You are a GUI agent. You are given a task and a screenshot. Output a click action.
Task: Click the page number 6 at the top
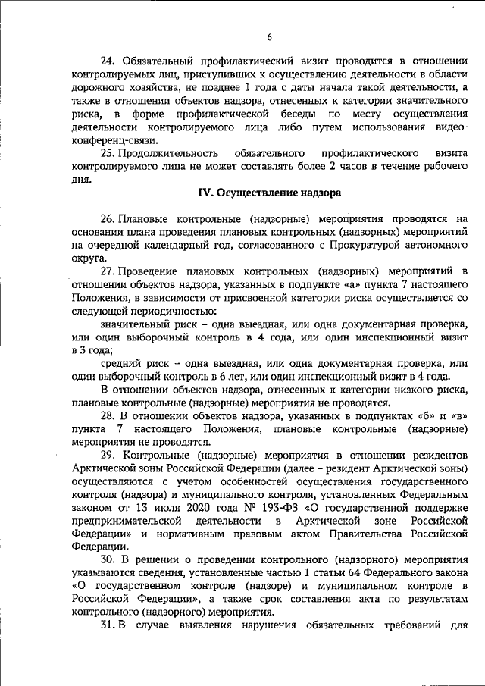(269, 38)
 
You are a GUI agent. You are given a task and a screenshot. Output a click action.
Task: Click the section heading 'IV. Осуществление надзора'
(268, 193)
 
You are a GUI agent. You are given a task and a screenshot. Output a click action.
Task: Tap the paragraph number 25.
(108, 153)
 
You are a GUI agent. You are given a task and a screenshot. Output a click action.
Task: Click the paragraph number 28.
(108, 417)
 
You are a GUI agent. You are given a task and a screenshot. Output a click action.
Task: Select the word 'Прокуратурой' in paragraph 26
(355, 246)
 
